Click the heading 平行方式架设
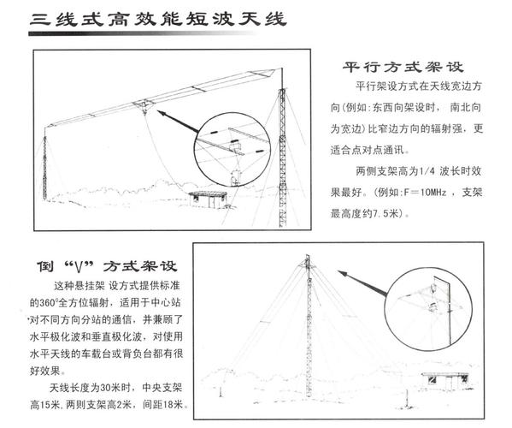395,68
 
